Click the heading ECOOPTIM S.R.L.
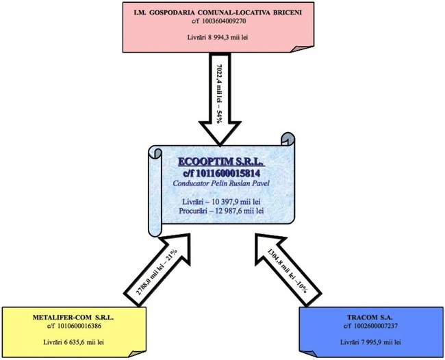[221, 162]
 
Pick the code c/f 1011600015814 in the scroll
[221, 174]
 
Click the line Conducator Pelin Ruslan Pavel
[221, 184]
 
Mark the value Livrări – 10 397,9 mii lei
[221, 203]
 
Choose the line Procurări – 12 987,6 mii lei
[221, 212]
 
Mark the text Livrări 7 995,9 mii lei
[369, 341]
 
